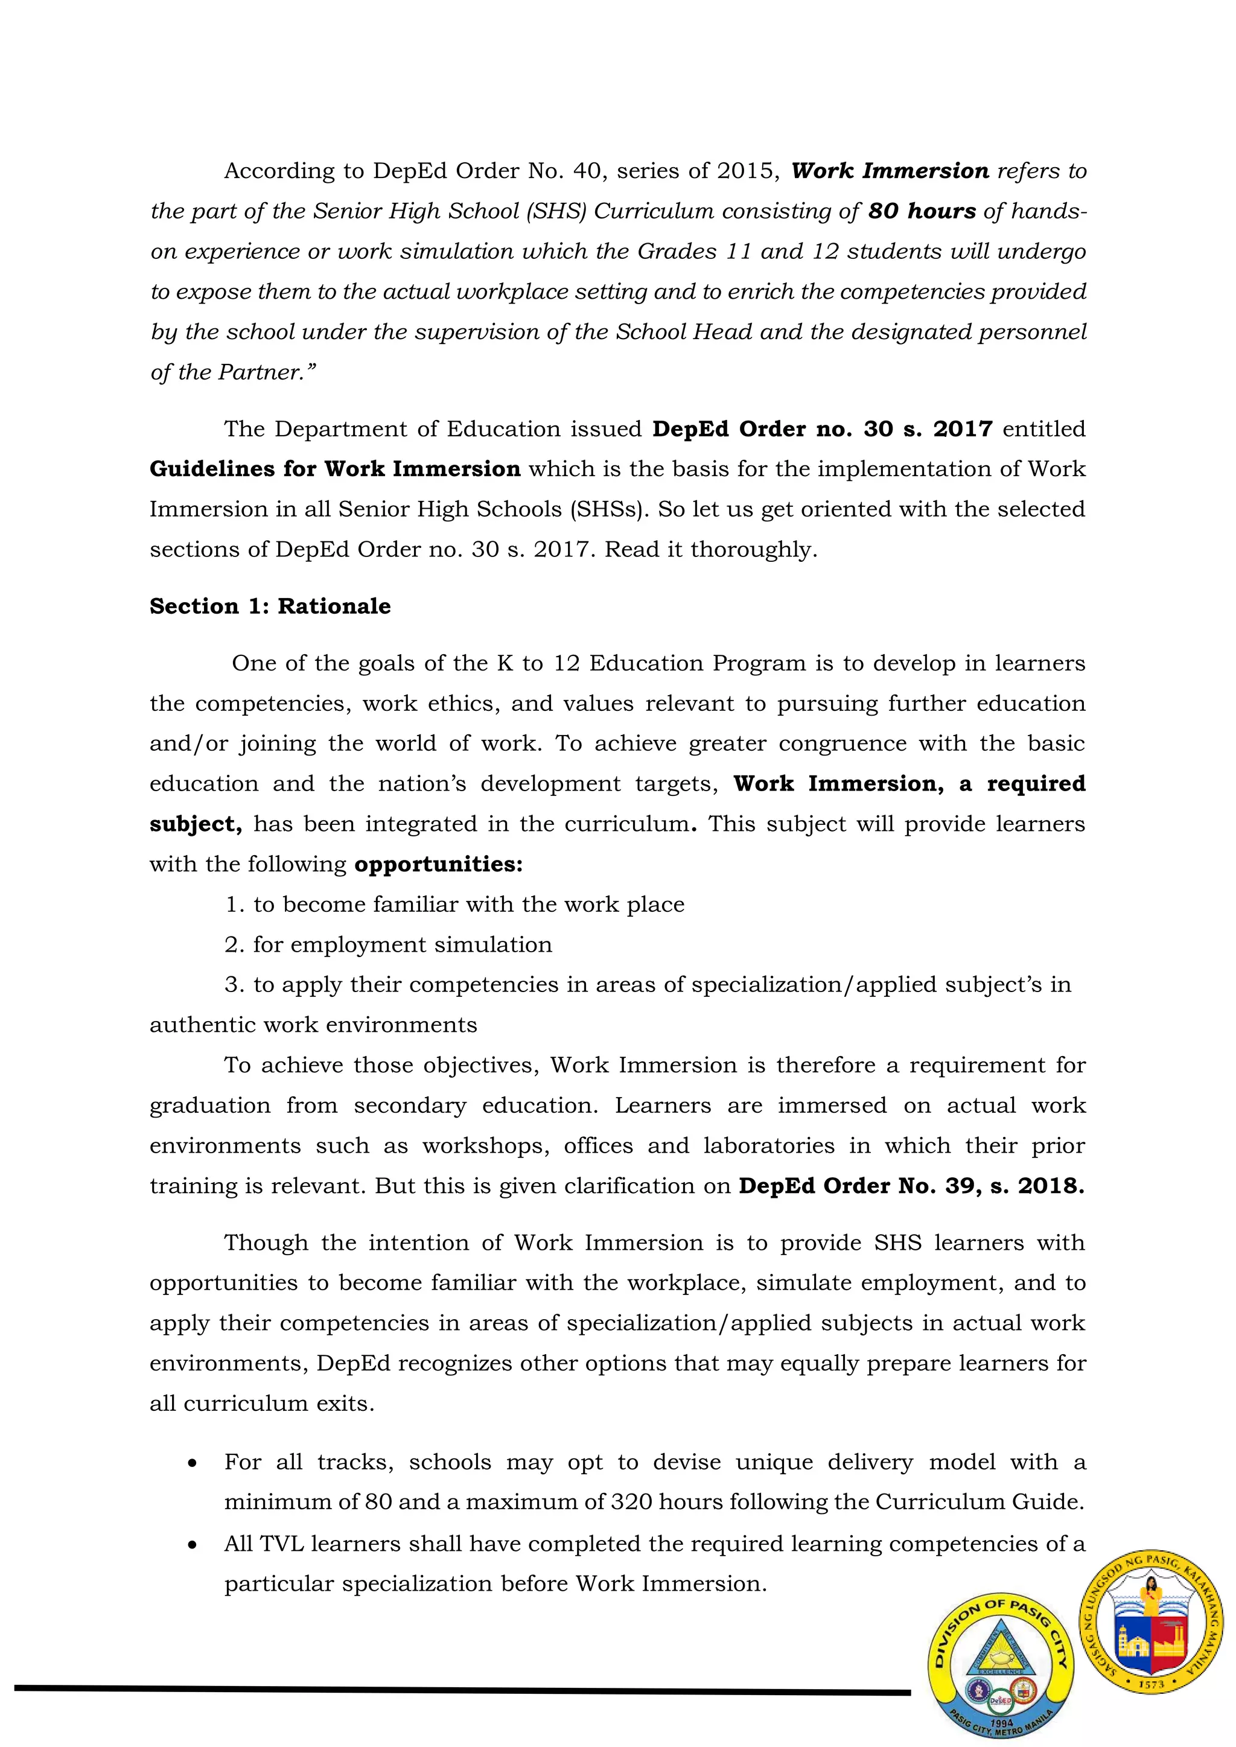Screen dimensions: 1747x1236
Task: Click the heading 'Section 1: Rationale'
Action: (x=270, y=606)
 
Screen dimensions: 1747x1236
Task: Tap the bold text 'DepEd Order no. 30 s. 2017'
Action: (x=822, y=429)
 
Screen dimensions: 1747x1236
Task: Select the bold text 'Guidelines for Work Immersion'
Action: (x=335, y=469)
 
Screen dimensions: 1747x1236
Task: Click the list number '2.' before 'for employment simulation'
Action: (x=234, y=945)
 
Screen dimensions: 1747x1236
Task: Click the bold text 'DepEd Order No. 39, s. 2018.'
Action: (x=911, y=1186)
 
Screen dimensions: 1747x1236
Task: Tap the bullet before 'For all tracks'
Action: (x=193, y=1463)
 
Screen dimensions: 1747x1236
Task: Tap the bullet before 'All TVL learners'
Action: (x=193, y=1545)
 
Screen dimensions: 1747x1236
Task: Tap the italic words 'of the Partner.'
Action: (x=232, y=373)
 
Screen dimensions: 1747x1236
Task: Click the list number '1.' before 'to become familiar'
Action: (x=234, y=905)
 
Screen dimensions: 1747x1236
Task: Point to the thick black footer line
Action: (x=457, y=1690)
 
